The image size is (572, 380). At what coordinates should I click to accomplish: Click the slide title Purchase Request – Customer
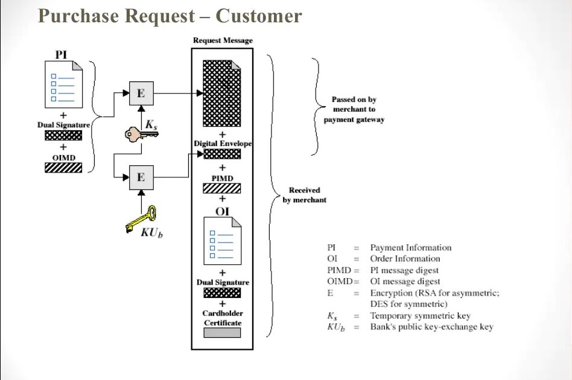170,16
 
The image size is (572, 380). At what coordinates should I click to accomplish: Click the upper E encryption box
141,93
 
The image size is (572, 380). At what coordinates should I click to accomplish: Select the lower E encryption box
141,177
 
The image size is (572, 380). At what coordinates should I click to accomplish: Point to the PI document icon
63,84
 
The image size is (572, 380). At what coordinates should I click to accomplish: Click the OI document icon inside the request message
222,242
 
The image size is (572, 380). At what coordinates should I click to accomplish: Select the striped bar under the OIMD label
63,167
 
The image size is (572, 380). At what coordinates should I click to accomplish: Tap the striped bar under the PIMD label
222,188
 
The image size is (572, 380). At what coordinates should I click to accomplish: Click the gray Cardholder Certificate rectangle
222,332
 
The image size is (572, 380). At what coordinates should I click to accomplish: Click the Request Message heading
223,40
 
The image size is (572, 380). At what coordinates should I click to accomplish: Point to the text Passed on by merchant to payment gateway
354,110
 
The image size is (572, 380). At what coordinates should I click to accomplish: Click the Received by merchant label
305,195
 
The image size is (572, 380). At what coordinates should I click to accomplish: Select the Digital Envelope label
222,144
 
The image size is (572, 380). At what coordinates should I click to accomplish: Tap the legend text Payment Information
410,247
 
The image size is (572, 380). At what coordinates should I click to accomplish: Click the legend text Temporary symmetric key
420,315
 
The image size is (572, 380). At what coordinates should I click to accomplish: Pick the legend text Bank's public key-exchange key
431,327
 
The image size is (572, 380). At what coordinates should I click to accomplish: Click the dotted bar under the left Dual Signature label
63,135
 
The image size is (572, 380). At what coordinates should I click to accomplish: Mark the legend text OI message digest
405,281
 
